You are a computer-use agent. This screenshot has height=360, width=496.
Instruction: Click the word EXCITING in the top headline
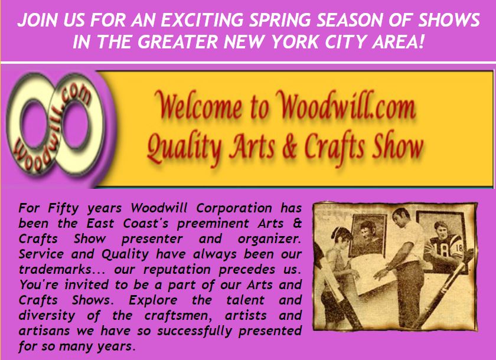coord(202,20)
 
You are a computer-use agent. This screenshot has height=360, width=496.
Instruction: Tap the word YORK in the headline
coord(296,42)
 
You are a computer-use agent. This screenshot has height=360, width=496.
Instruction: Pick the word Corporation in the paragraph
coord(234,208)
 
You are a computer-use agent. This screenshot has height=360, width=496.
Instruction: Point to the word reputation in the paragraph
coord(177,270)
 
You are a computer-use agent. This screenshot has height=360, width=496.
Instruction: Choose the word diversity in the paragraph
coord(47,315)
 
